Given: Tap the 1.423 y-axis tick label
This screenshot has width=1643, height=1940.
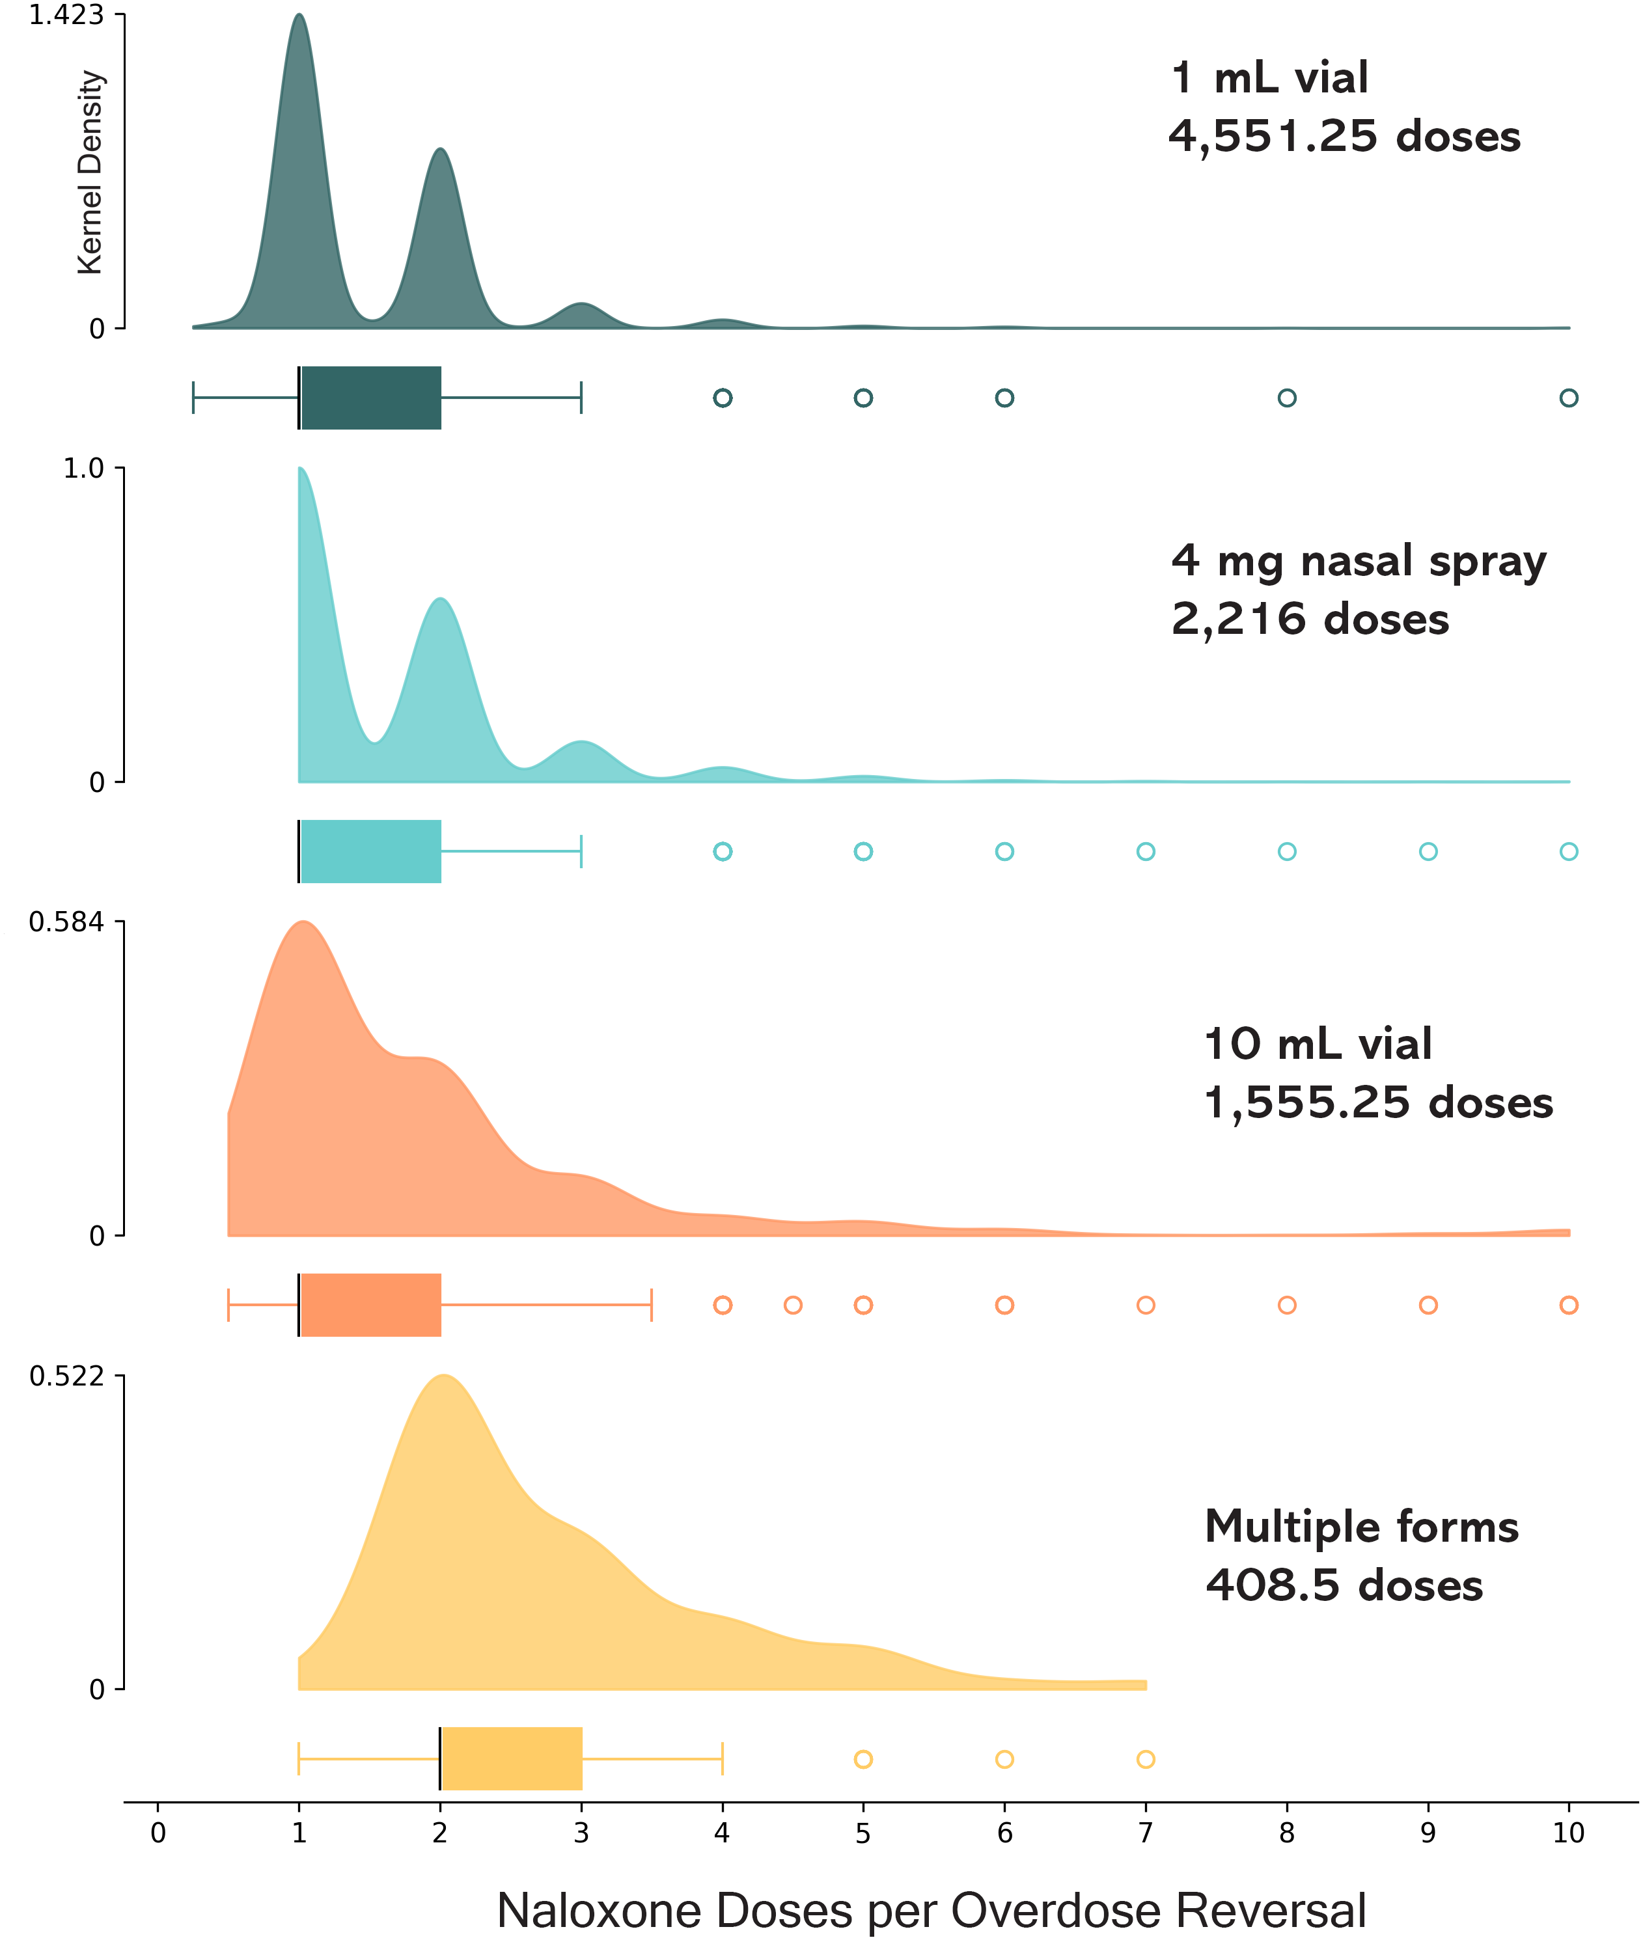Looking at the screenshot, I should point(66,16).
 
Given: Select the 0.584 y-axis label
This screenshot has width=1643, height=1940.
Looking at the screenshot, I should point(66,922).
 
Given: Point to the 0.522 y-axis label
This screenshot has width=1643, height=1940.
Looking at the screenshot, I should point(66,1376).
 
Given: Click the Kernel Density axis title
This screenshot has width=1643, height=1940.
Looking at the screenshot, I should point(90,172).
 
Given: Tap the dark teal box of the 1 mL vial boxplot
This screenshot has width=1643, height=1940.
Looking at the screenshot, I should point(370,398).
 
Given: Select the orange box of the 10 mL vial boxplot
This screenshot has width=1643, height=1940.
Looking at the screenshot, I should point(370,1305).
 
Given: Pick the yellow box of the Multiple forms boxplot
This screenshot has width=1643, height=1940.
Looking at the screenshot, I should point(512,1758).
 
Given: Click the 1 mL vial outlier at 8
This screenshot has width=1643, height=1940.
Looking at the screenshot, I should point(1286,398).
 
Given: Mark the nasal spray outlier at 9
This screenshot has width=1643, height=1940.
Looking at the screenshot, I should point(1428,851).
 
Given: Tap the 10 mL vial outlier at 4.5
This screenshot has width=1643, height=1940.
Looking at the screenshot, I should point(793,1305).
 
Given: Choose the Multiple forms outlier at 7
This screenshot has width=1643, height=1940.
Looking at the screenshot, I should point(1146,1758).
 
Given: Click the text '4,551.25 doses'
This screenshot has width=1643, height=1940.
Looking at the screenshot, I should point(1344,137).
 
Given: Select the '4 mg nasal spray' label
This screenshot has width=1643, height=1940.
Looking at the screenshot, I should point(1358,562).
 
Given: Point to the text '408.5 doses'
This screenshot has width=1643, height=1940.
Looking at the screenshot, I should point(1343,1585).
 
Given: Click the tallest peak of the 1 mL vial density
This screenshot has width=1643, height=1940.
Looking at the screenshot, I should point(299,17).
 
